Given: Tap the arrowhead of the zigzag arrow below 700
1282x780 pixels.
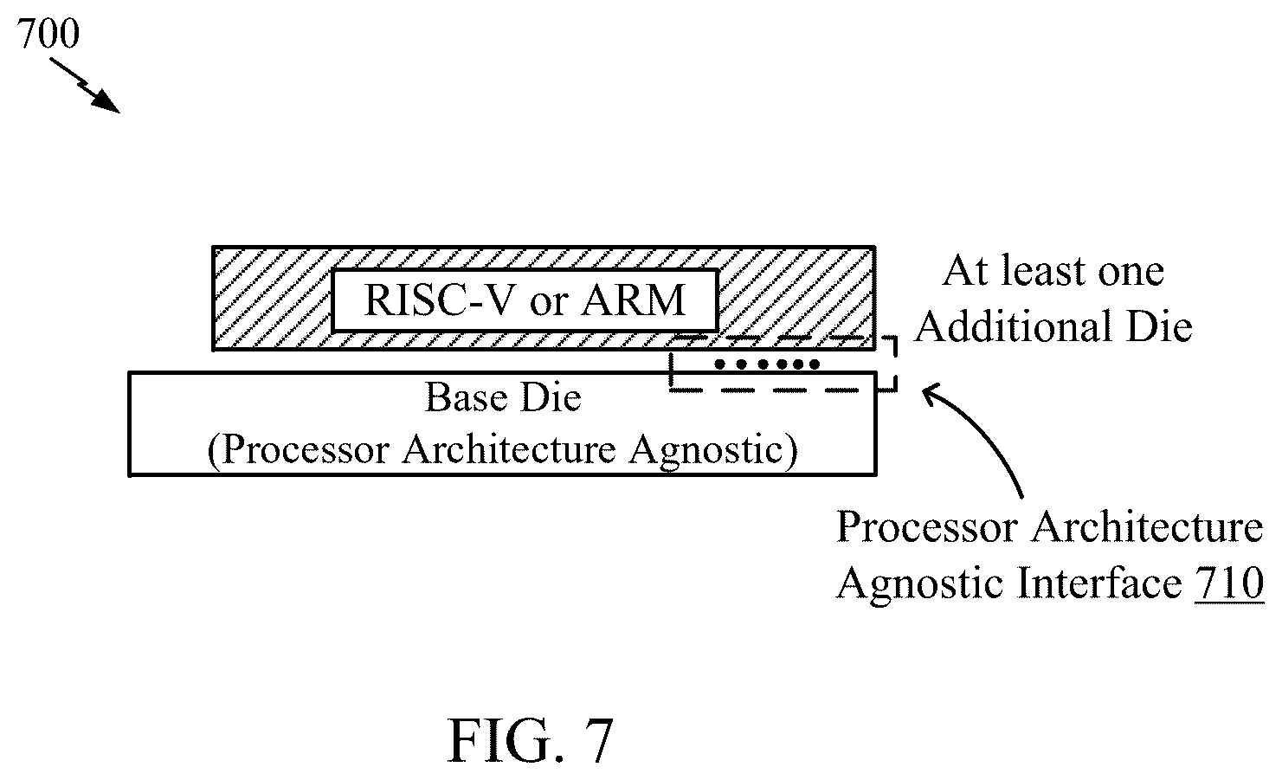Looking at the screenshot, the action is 106,102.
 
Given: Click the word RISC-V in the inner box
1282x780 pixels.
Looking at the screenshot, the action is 439,300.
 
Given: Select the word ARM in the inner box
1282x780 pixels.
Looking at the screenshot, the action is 633,300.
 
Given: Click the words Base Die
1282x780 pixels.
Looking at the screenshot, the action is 503,397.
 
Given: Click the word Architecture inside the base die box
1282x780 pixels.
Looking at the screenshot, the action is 509,449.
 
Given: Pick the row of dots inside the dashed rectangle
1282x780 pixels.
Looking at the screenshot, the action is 767,364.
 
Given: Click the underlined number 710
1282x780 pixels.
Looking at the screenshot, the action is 1229,583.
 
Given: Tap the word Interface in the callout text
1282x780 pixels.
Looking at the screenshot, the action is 1098,583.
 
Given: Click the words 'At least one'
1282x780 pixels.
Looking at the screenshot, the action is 1053,271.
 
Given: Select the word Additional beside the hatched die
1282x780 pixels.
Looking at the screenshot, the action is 1013,326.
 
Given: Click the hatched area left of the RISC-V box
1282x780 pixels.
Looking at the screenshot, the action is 272,299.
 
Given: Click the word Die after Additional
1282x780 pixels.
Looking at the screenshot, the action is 1159,326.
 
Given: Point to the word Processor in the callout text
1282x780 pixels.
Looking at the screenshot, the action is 928,526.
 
